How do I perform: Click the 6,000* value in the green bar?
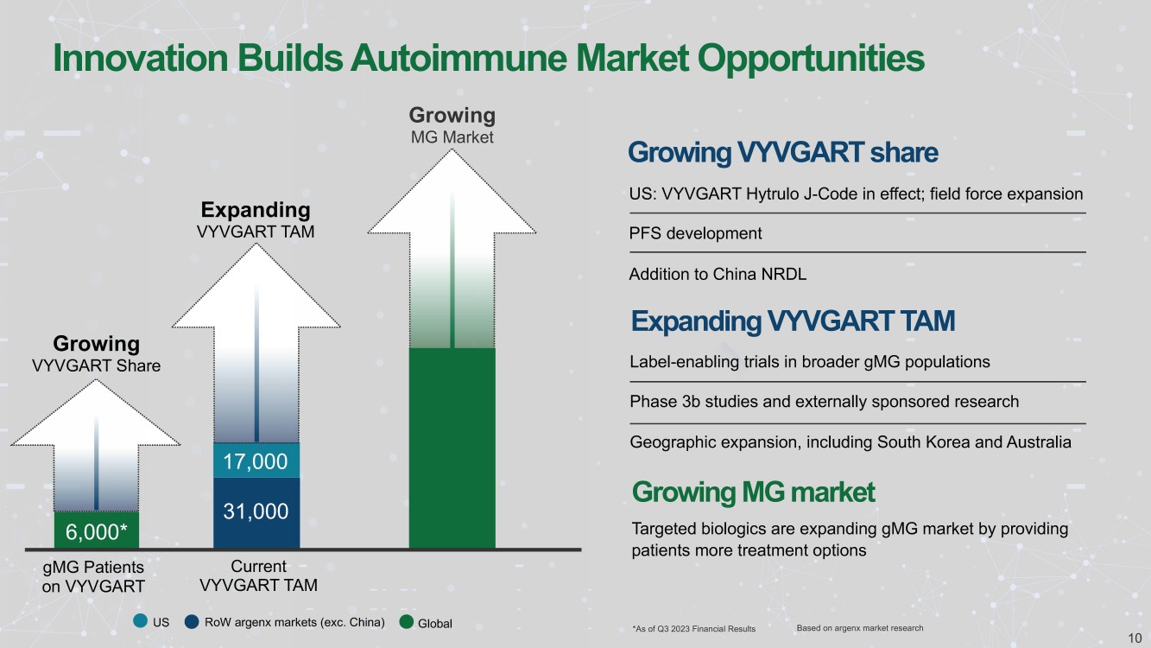pos(96,531)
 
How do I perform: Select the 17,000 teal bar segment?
pos(256,461)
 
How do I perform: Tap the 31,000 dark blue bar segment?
pos(256,512)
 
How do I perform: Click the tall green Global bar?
pos(452,448)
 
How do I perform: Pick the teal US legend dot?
pos(140,620)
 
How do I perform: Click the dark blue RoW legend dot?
pos(192,621)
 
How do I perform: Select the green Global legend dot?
pos(407,622)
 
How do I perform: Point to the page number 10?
pos(1135,638)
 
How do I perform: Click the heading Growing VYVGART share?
pos(783,152)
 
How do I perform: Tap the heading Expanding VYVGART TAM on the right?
pos(793,321)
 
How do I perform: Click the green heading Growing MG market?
pos(753,492)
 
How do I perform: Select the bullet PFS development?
pos(695,233)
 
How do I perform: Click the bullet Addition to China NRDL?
pos(718,274)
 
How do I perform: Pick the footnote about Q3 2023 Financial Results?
pos(693,628)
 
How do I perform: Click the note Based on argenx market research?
pos(860,628)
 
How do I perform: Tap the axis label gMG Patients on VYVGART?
pos(93,576)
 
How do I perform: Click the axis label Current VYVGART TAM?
pos(258,575)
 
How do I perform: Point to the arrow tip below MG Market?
pos(452,149)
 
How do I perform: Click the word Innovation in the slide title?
pos(140,58)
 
